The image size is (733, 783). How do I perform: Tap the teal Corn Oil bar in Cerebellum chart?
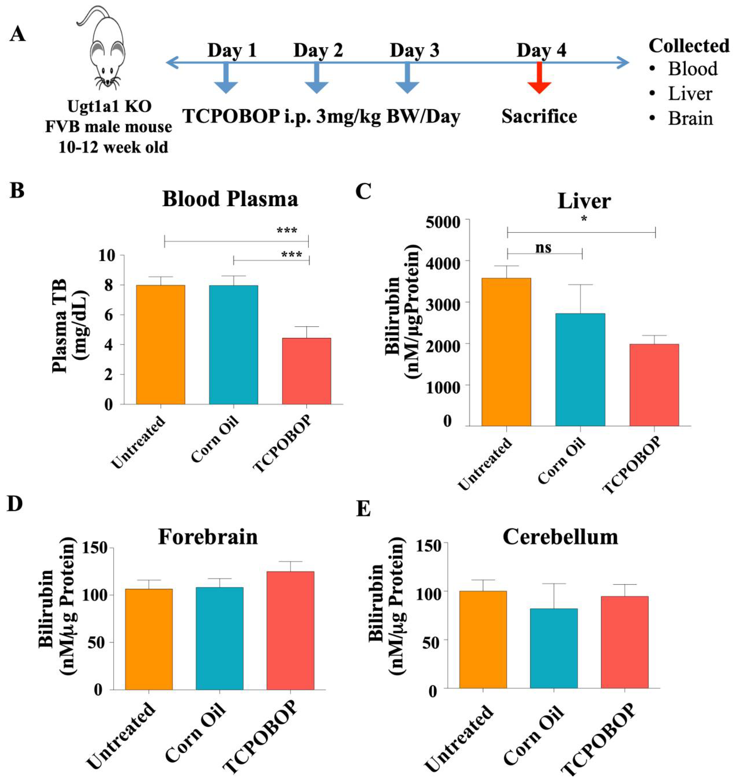point(554,648)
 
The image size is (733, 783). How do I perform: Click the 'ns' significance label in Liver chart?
point(543,248)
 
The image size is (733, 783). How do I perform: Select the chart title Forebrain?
point(208,537)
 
